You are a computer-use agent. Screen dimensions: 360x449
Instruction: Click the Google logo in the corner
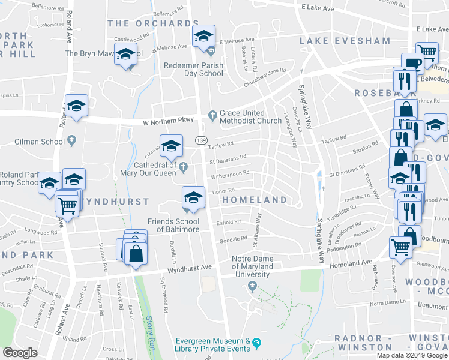(20, 352)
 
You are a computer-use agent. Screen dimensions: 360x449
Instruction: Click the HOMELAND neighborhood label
(255, 199)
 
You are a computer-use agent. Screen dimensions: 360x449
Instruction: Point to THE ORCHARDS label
(153, 23)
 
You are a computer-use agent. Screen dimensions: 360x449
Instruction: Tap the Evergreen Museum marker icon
(257, 343)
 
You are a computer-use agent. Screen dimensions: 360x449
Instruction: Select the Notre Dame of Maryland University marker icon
(252, 286)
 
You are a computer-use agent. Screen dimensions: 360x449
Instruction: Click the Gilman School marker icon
(72, 141)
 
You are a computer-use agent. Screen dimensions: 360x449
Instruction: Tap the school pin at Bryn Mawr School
(125, 55)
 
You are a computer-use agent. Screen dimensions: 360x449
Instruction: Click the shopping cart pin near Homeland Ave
(400, 246)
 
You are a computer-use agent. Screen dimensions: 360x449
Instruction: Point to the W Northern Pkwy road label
(168, 121)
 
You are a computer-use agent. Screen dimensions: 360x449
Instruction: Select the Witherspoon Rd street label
(229, 174)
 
